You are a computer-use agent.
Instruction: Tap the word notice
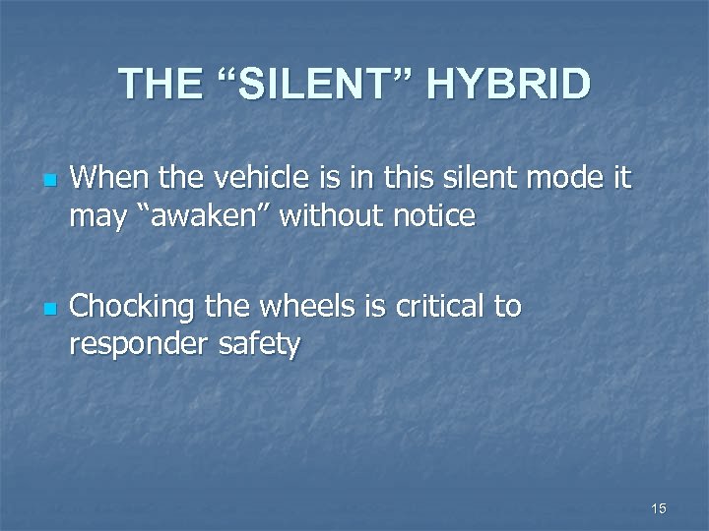[429, 214]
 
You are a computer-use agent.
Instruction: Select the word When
[106, 180]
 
